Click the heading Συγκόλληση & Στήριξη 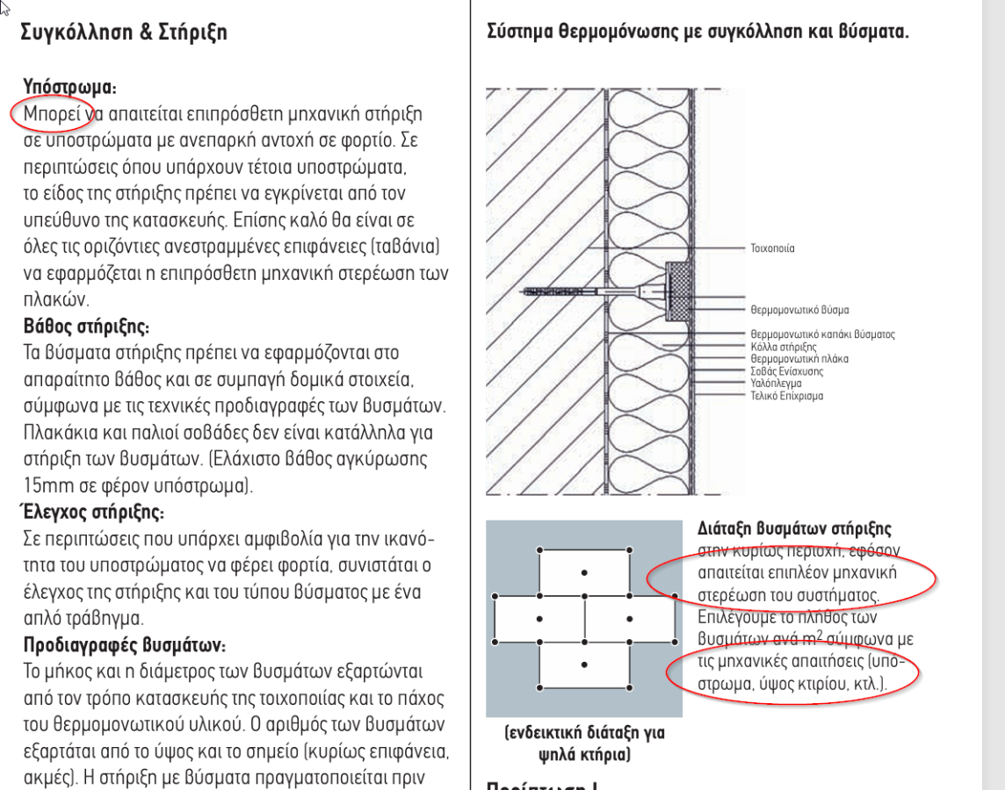tap(124, 33)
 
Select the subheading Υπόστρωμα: tap(69, 88)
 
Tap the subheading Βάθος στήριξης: tap(86, 327)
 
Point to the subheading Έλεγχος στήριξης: tap(91, 510)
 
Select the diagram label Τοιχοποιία tap(773, 249)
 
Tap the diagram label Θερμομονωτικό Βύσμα tap(799, 310)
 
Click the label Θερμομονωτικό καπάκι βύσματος tap(822, 334)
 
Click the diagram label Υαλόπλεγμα tap(775, 384)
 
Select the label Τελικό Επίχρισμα tap(787, 396)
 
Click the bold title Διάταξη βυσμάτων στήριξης tap(794, 529)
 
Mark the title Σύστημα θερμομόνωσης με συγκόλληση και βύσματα tap(698, 33)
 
